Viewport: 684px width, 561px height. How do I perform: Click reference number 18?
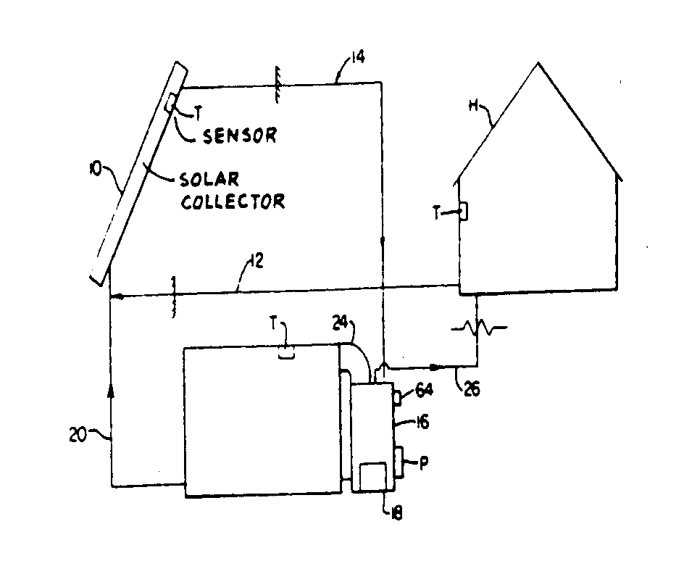(396, 512)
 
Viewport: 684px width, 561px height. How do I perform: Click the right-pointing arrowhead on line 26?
(435, 367)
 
